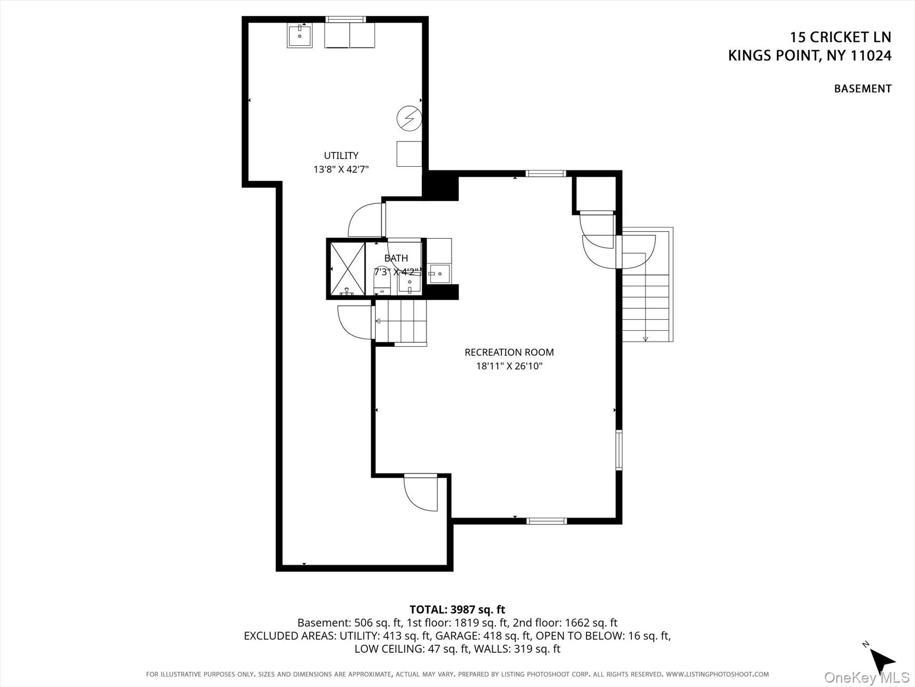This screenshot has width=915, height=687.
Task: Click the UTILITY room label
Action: pos(341,155)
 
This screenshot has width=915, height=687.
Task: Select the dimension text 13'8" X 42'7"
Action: pos(341,169)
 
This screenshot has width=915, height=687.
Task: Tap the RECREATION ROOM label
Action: pos(509,352)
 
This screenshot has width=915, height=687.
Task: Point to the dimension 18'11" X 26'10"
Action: pos(509,366)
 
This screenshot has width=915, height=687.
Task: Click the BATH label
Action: pos(396,258)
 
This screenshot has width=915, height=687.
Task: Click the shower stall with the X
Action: pos(347,269)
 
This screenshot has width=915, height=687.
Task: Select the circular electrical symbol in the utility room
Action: pos(409,118)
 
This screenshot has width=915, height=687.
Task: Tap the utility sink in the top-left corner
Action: pos(300,35)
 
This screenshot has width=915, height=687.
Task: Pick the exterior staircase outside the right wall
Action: pos(645,306)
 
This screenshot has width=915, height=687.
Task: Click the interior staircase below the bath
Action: pos(401,321)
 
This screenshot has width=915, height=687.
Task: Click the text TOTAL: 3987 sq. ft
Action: pos(457,609)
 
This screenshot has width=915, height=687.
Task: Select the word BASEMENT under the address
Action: pos(863,89)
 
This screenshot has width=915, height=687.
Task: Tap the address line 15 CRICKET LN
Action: pos(840,37)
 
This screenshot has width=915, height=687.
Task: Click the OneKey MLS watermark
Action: pos(866,677)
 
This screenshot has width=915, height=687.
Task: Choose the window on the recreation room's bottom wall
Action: pos(546,521)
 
